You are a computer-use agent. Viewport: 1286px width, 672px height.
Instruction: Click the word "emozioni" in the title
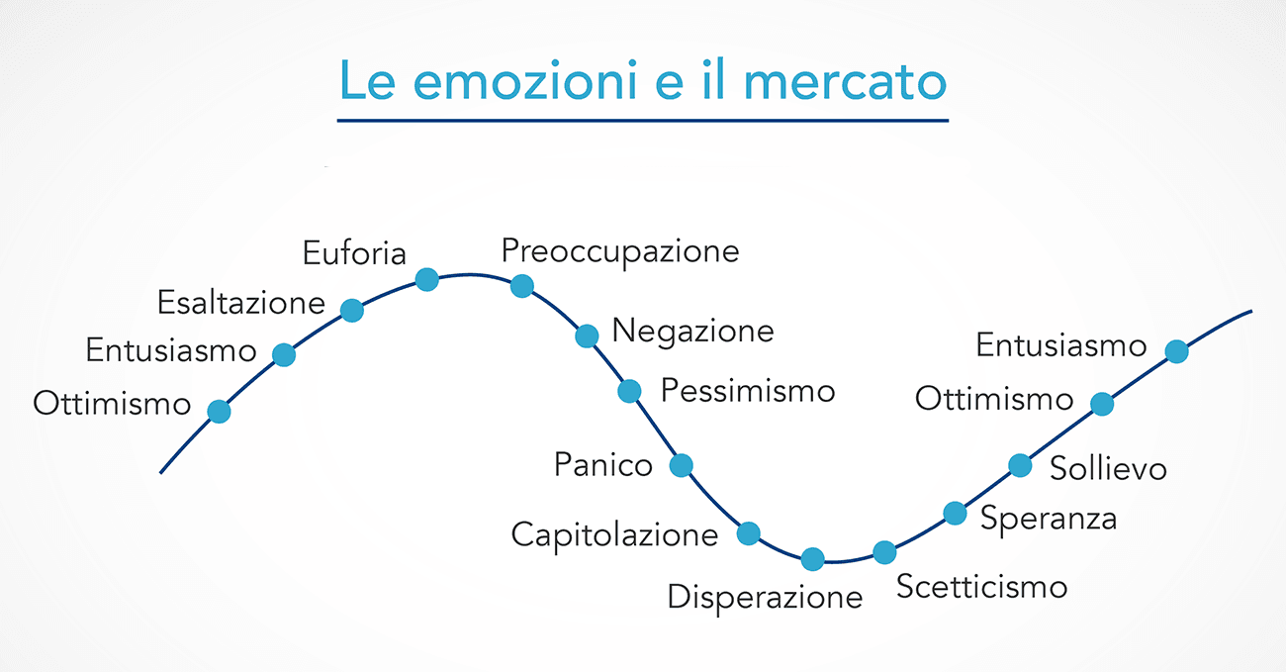[x=524, y=80]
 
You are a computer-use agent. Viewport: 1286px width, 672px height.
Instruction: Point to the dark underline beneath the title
[x=642, y=121]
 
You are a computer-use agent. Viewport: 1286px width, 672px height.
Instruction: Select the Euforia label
[x=354, y=253]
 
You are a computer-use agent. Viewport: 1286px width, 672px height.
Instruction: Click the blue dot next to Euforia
[x=427, y=280]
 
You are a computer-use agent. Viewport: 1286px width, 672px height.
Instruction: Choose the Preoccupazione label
[x=620, y=251]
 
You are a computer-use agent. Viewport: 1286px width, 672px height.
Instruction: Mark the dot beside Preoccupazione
[x=522, y=285]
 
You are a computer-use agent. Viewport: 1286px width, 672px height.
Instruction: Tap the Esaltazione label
[x=241, y=303]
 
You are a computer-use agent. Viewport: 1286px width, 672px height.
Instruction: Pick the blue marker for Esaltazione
[x=352, y=310]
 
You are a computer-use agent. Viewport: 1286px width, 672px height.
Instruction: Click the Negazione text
[x=692, y=331]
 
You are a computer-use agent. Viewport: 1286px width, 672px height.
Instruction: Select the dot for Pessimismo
[x=629, y=391]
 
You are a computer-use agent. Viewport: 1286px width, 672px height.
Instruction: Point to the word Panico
[x=603, y=464]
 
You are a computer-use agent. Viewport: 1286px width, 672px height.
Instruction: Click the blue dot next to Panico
[x=681, y=465]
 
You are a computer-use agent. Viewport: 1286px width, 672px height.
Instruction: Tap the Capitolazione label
[x=615, y=535]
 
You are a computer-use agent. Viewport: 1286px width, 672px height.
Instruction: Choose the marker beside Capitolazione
[x=749, y=533]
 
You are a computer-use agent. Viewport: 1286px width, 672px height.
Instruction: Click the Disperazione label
[x=765, y=598]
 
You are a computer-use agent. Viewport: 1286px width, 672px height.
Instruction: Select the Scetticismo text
[x=981, y=587]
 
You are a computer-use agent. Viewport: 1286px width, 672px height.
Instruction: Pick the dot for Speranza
[x=956, y=513]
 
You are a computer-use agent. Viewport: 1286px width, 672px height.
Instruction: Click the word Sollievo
[x=1108, y=468]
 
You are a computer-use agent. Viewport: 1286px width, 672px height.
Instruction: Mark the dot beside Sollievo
[x=1020, y=465]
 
